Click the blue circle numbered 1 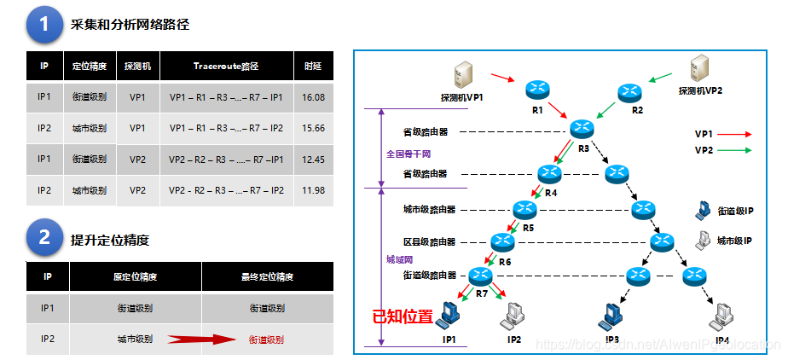click(44, 25)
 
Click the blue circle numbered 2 click(44, 238)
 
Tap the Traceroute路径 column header click(225, 66)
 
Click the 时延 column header click(313, 66)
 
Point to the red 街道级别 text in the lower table click(267, 340)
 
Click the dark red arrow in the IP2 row click(201, 340)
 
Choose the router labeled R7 click(481, 276)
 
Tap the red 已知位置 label click(402, 316)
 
